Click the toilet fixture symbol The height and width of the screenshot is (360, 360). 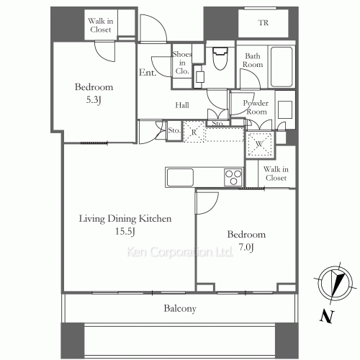[220, 58]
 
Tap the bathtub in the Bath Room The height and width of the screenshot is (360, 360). [282, 67]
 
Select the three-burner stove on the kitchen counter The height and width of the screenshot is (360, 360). [233, 177]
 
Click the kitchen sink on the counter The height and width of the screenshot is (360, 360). [180, 177]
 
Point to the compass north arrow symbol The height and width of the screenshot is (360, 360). [335, 284]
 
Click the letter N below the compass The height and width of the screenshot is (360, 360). [327, 317]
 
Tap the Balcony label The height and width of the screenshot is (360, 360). [180, 308]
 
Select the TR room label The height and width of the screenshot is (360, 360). [264, 23]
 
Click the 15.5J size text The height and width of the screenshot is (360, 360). [125, 231]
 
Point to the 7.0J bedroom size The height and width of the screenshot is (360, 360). [246, 247]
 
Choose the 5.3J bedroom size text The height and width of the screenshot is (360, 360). [94, 99]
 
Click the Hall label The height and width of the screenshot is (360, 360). [182, 105]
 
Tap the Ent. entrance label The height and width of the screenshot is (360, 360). [148, 73]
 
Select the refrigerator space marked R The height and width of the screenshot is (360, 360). [194, 132]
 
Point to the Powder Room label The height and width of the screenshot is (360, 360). [256, 107]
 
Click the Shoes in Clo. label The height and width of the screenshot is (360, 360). [182, 63]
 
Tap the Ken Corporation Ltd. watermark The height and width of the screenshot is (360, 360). [180, 252]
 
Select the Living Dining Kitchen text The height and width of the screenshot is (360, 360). [125, 219]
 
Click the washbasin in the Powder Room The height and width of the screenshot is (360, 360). [285, 109]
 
